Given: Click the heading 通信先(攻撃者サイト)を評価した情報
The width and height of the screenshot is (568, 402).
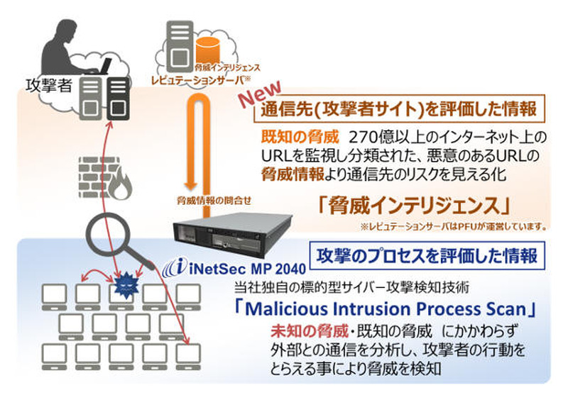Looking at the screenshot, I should pyautogui.click(x=390, y=111).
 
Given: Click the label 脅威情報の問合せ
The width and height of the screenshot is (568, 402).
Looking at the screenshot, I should pyautogui.click(x=207, y=200).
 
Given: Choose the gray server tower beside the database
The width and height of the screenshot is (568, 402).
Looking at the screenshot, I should pyautogui.click(x=179, y=40).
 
